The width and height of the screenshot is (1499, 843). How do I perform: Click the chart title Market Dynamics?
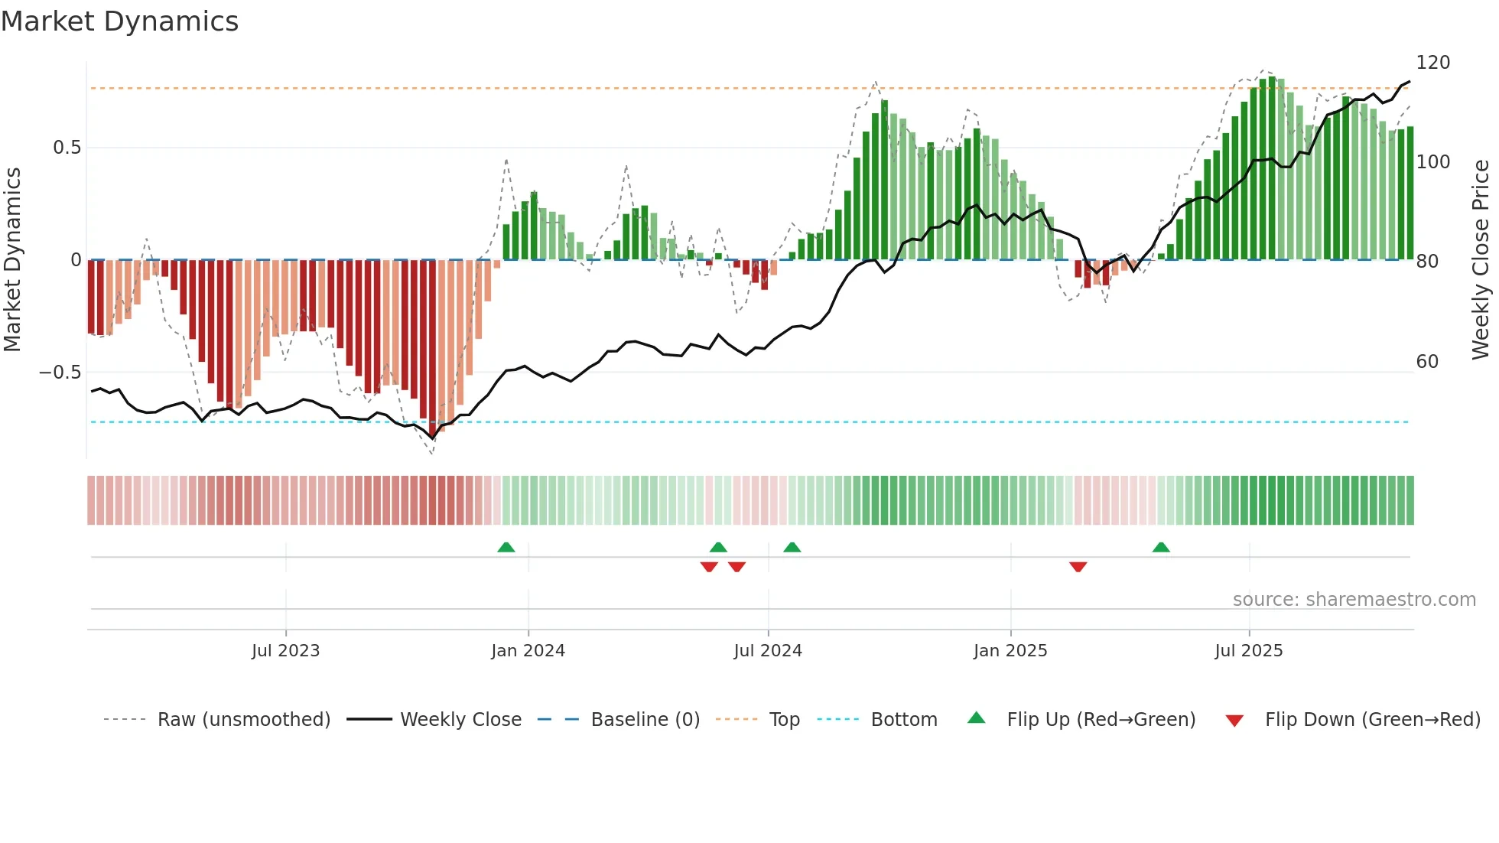coord(119,21)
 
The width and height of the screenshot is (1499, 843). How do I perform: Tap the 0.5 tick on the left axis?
coord(67,148)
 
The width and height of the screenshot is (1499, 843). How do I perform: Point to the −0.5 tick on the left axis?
coord(60,373)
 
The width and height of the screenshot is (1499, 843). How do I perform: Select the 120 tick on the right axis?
coord(1432,63)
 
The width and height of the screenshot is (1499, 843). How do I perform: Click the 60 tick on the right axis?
coord(1427,362)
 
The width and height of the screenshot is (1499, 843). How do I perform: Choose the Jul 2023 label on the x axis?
coord(285,651)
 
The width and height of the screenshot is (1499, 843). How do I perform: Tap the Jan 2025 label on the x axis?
coord(1010,651)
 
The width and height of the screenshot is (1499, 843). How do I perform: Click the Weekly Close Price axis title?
coord(1481,260)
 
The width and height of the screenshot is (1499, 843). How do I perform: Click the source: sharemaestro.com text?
coord(1354,600)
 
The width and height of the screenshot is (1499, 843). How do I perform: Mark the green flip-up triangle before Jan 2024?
coord(506,547)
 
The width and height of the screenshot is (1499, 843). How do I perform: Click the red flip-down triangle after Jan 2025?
coord(1078,567)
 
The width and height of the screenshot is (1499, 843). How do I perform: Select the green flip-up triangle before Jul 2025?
coord(1160,547)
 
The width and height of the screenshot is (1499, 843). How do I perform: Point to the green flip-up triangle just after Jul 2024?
coord(792,547)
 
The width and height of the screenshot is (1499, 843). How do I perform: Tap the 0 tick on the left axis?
coord(76,260)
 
